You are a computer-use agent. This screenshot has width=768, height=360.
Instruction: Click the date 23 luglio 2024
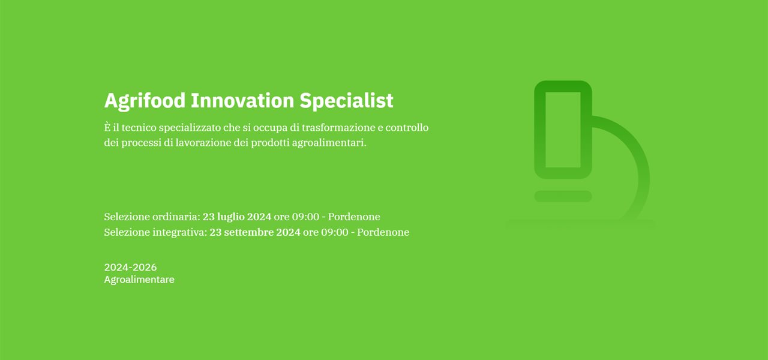(x=237, y=217)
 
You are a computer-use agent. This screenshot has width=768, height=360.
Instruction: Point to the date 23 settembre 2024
(x=255, y=232)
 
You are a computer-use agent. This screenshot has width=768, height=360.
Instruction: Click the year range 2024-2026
(x=130, y=268)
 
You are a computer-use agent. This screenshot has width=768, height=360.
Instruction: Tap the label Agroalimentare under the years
(x=139, y=280)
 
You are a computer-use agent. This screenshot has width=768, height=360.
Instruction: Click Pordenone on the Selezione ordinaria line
(x=354, y=217)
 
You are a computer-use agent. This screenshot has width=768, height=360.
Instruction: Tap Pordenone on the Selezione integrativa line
(x=383, y=232)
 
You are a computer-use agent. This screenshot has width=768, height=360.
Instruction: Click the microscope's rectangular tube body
(x=563, y=130)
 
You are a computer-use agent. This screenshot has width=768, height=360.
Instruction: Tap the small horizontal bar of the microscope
(x=563, y=196)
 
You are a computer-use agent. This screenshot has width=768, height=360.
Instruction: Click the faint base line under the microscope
(x=580, y=224)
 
